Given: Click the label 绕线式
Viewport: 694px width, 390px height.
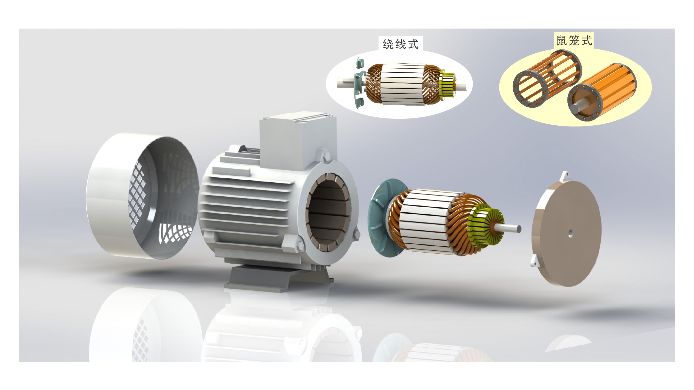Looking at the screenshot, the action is click(401, 44).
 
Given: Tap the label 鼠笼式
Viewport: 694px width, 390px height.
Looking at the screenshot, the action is click(574, 41).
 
